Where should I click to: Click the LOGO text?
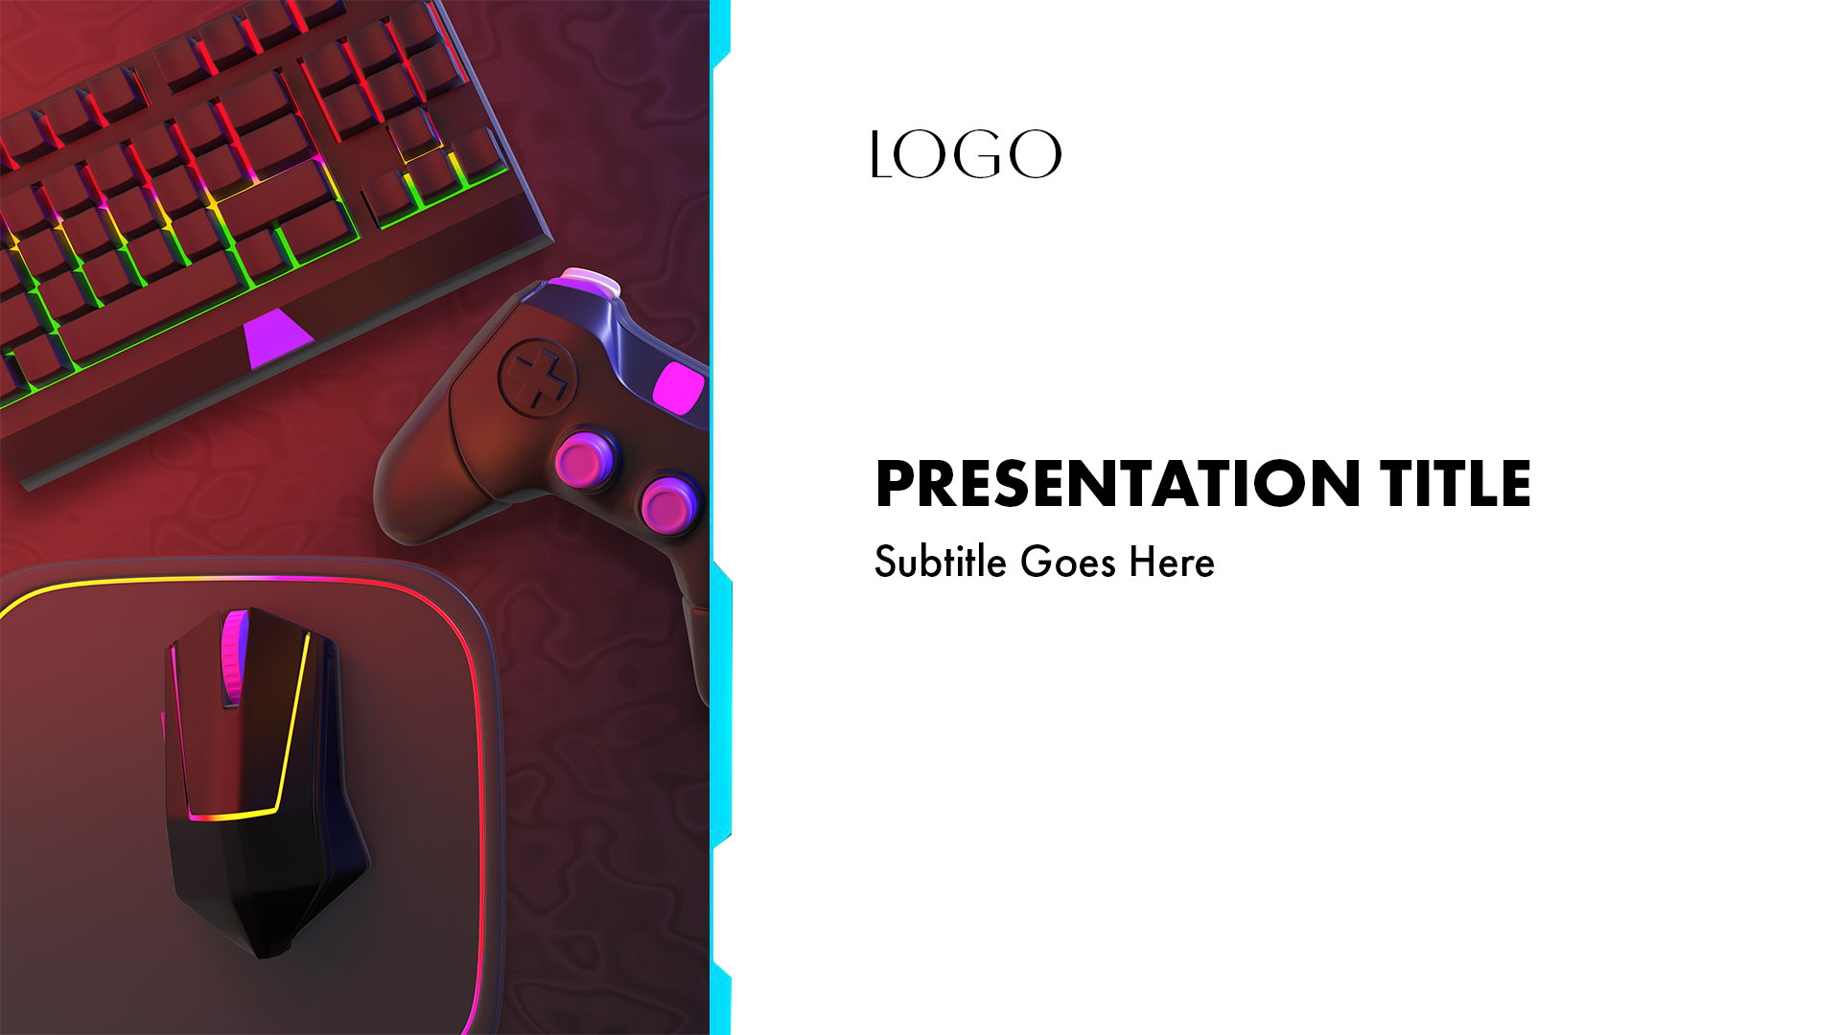point(967,154)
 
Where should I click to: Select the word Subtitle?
point(941,562)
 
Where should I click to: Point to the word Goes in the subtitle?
point(1068,562)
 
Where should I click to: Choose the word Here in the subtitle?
point(1172,562)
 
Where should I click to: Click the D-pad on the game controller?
point(538,377)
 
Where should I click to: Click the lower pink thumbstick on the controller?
point(670,504)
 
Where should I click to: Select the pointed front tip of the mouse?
point(266,951)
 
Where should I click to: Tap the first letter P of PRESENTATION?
point(895,483)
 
